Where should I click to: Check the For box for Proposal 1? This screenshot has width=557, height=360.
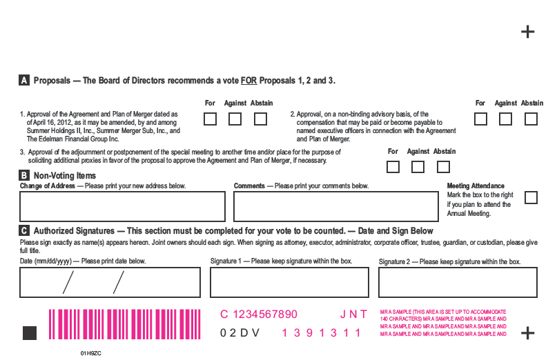pos(210,119)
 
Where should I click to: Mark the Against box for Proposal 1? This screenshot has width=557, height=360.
pos(235,119)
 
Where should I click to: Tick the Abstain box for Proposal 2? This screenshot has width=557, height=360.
pos(531,119)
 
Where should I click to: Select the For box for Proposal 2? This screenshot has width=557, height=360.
pos(480,119)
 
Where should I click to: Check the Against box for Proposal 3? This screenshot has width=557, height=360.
pos(418,167)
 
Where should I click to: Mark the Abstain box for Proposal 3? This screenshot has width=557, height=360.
pos(443,167)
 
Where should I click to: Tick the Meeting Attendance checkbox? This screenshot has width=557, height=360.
pos(531,198)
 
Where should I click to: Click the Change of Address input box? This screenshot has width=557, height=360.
pos(123,206)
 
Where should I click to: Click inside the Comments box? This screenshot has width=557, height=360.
pos(336,206)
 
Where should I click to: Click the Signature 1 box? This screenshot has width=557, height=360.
pos(289,282)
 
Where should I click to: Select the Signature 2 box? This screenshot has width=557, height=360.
pos(458,282)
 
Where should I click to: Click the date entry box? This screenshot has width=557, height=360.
pos(110,282)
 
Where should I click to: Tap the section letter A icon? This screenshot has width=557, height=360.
pos(23,80)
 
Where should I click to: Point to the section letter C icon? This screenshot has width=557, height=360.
pos(23,231)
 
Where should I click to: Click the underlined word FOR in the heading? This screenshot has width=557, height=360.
pos(248,81)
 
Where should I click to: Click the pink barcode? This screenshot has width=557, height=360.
pos(125,324)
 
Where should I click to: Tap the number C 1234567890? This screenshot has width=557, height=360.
pos(259,314)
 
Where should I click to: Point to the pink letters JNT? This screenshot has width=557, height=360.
pos(353,314)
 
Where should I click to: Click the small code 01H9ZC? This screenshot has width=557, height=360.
pos(91,353)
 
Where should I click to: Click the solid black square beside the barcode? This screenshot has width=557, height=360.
pos(30,333)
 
